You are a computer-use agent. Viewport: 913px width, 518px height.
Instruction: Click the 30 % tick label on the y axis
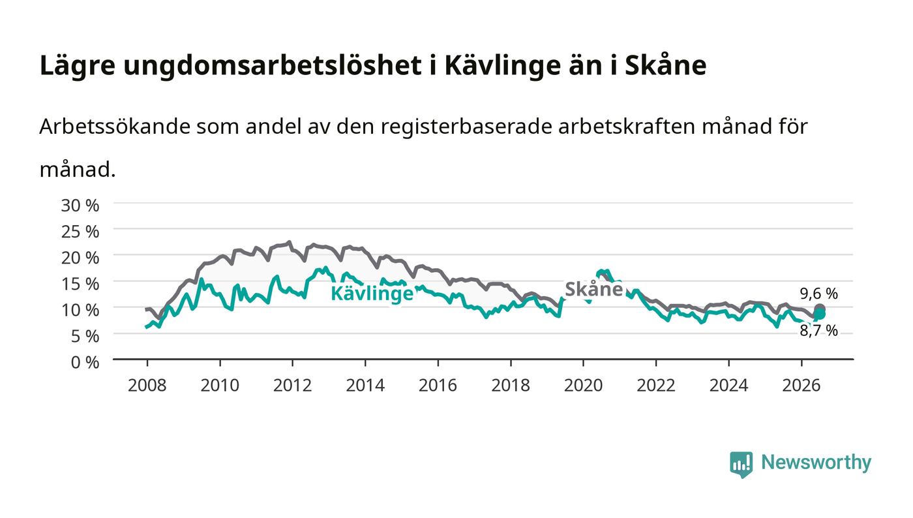pos(80,206)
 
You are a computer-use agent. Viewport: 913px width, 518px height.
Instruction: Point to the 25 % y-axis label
pos(80,232)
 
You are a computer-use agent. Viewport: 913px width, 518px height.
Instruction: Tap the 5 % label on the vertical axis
pos(85,337)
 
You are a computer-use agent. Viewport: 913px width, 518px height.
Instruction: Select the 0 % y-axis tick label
pos(85,363)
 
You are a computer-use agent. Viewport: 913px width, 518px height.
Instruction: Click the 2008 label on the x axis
pos(147,386)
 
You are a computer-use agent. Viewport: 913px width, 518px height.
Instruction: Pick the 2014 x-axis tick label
pos(365,386)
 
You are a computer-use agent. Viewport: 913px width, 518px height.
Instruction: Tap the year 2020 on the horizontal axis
pos(583,386)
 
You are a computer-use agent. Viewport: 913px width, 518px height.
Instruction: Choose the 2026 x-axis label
pos(801,386)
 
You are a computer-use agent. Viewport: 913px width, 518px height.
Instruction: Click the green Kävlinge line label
pos(372,294)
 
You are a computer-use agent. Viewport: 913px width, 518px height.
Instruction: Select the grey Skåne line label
pos(594,289)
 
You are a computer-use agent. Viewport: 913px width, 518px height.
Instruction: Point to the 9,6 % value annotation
pos(818,294)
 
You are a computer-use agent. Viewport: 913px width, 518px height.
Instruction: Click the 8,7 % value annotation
pos(818,330)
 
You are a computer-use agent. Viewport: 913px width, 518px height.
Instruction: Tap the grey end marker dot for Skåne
pos(820,309)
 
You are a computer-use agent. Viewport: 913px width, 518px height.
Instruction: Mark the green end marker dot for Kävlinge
pos(820,314)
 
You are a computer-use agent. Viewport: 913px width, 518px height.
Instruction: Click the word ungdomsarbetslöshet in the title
pos(273,65)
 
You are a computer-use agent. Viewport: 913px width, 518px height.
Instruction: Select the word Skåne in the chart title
pos(665,65)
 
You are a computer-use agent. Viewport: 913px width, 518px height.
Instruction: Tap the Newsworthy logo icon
pos(741,464)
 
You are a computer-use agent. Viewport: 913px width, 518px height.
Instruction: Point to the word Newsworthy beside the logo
pos(816,462)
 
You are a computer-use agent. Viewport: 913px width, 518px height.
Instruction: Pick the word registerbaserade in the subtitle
pos(467,127)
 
